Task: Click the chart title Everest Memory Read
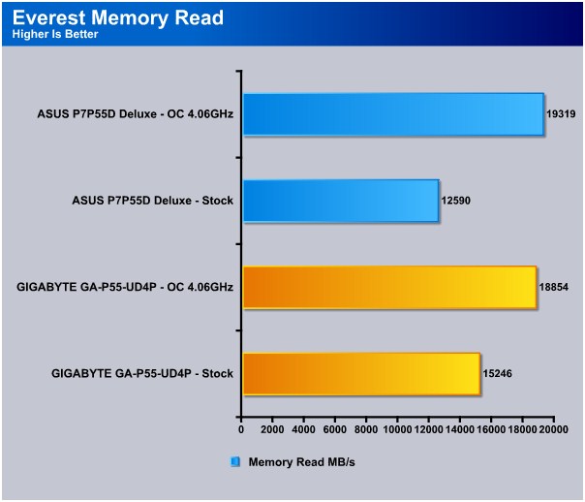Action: (118, 17)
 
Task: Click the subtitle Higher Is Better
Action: (55, 34)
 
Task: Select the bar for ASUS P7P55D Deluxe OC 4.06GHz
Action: (393, 114)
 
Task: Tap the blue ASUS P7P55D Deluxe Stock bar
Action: (341, 201)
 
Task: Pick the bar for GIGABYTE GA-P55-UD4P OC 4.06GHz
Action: (390, 288)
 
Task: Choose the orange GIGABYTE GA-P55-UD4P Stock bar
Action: (361, 374)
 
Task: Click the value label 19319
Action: (561, 113)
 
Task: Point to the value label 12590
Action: (455, 201)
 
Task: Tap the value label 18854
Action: (554, 287)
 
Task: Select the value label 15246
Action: (497, 374)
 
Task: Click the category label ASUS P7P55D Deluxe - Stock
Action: (153, 201)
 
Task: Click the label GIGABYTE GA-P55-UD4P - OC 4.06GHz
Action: (125, 287)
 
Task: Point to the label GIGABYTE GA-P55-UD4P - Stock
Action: (142, 374)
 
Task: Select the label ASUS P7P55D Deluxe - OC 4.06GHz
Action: (136, 113)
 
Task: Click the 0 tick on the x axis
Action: (241, 429)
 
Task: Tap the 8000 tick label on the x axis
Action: (366, 429)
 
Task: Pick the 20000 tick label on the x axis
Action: (553, 429)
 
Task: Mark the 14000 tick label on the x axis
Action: (460, 429)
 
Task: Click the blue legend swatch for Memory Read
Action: (235, 461)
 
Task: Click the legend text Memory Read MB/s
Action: (301, 462)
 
